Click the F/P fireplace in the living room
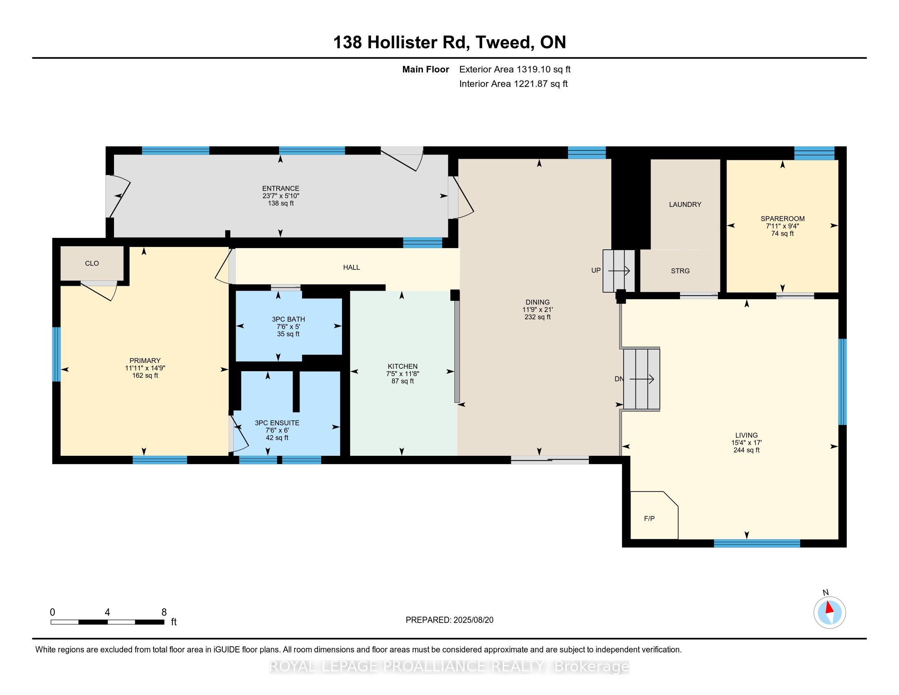click(654, 515)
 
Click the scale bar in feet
click(107, 622)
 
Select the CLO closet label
click(92, 264)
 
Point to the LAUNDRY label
click(685, 204)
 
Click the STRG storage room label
click(680, 271)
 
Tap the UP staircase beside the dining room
click(619, 271)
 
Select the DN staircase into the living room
click(642, 379)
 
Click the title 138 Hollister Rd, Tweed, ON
click(449, 42)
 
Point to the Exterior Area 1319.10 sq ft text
click(515, 69)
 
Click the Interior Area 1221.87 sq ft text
click(513, 84)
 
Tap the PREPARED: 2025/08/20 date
click(449, 620)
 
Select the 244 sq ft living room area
click(746, 450)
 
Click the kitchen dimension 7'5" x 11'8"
click(403, 374)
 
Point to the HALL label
click(351, 268)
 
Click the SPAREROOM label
click(783, 219)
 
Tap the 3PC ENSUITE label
click(277, 423)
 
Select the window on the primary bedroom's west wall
click(56, 354)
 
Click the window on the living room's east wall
click(842, 382)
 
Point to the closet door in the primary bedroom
click(99, 291)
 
